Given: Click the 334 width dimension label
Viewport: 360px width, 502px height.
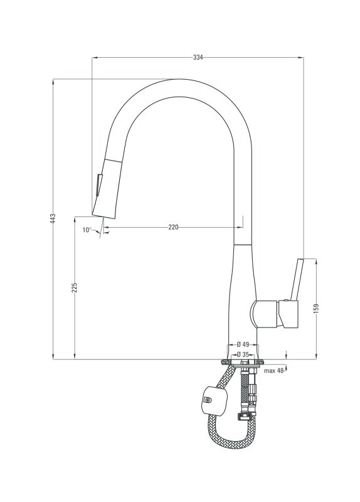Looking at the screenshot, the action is tap(198, 58).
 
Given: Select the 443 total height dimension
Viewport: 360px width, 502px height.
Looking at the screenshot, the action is tap(53, 218).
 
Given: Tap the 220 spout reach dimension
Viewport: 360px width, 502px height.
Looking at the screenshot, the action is tap(173, 227).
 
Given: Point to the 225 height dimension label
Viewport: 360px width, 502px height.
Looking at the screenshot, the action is tap(75, 287).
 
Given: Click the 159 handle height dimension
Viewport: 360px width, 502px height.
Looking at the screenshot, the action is tap(317, 308).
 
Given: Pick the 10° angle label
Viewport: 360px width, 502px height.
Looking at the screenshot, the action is tap(87, 230).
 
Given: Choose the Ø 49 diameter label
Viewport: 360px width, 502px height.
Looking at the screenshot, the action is tap(243, 344).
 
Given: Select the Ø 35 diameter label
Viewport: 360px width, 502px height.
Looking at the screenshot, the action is tap(243, 355).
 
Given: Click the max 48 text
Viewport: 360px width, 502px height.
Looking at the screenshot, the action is tap(274, 371).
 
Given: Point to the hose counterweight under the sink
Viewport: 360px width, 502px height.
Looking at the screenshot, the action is tap(214, 400).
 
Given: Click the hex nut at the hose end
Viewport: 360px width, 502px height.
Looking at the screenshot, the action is tap(245, 417).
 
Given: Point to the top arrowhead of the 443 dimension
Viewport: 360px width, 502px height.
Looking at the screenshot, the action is tap(53, 82).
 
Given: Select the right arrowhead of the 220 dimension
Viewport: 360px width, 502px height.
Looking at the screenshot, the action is tap(240, 227).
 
